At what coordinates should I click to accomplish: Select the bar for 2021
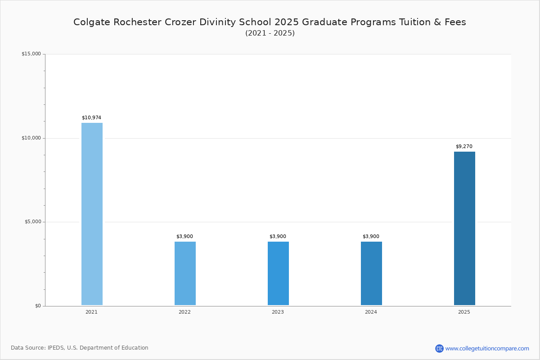(x=92, y=214)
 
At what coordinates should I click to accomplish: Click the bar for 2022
(x=185, y=273)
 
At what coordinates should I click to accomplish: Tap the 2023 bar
(x=278, y=273)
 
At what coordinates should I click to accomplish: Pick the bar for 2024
(x=371, y=273)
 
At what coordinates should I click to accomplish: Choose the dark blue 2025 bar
(x=464, y=228)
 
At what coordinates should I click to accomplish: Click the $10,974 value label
(x=92, y=117)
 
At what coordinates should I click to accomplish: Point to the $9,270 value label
(x=464, y=146)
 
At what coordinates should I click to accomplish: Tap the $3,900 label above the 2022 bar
(x=184, y=236)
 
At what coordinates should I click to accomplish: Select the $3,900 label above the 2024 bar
(x=371, y=236)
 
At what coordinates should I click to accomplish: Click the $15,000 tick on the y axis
(x=31, y=54)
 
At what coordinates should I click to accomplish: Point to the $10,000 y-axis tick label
(x=31, y=138)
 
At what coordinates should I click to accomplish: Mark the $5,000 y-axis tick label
(x=33, y=221)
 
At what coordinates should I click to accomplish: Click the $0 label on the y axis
(x=38, y=306)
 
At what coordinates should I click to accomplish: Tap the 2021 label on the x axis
(x=92, y=312)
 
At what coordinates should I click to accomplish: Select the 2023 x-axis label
(x=278, y=312)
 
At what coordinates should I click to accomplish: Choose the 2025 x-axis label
(x=464, y=312)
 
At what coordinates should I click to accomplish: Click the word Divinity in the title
(x=217, y=22)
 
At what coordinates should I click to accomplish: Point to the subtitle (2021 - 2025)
(x=270, y=33)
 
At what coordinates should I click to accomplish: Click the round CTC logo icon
(x=439, y=348)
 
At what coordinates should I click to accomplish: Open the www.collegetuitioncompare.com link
(x=487, y=349)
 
